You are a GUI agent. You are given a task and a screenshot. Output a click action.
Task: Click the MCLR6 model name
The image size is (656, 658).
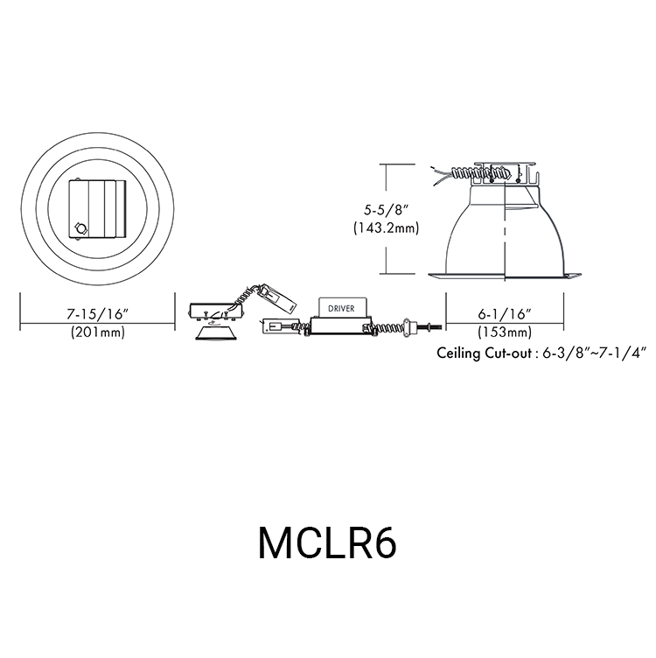327,542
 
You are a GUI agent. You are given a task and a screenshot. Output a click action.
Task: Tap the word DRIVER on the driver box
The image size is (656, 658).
341,308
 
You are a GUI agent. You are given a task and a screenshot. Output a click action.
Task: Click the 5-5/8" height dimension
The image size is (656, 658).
387,210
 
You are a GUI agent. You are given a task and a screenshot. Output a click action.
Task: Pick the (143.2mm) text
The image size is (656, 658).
387,228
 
